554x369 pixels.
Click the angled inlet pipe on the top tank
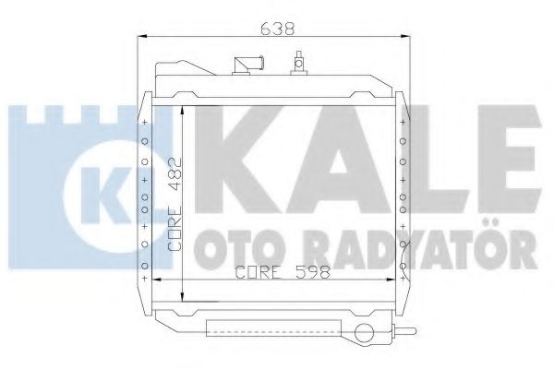248,65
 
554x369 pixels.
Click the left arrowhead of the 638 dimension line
141,38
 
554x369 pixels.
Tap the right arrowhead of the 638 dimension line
407,38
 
